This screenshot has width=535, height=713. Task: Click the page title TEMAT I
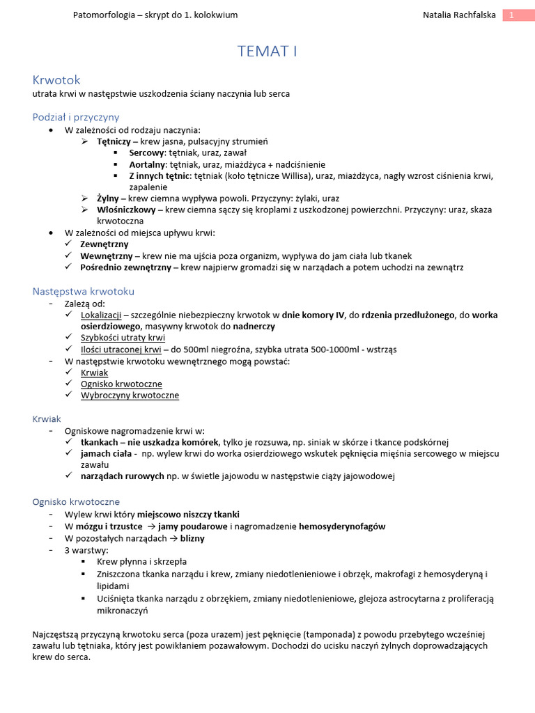point(267,52)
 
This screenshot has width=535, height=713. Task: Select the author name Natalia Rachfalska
point(458,15)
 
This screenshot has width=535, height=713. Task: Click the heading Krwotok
point(57,80)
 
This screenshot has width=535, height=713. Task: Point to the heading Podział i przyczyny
point(76,117)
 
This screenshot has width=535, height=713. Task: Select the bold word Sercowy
point(146,152)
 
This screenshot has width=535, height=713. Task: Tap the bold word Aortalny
point(148,164)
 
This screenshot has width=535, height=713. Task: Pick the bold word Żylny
point(108,198)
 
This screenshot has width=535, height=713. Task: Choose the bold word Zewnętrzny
point(104,244)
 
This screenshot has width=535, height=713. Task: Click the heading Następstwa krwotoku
point(84,291)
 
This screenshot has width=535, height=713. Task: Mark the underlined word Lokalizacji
point(102,315)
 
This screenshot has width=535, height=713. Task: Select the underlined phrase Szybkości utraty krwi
point(123,338)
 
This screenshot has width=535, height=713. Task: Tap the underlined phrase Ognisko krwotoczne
point(121,384)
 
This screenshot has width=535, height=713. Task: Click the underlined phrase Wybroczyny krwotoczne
point(130,395)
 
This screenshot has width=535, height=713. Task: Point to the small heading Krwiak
point(47,418)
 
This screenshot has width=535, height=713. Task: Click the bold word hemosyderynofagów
point(342,526)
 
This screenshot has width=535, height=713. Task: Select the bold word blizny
point(192,538)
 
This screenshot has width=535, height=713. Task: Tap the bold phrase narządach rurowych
point(122,476)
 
